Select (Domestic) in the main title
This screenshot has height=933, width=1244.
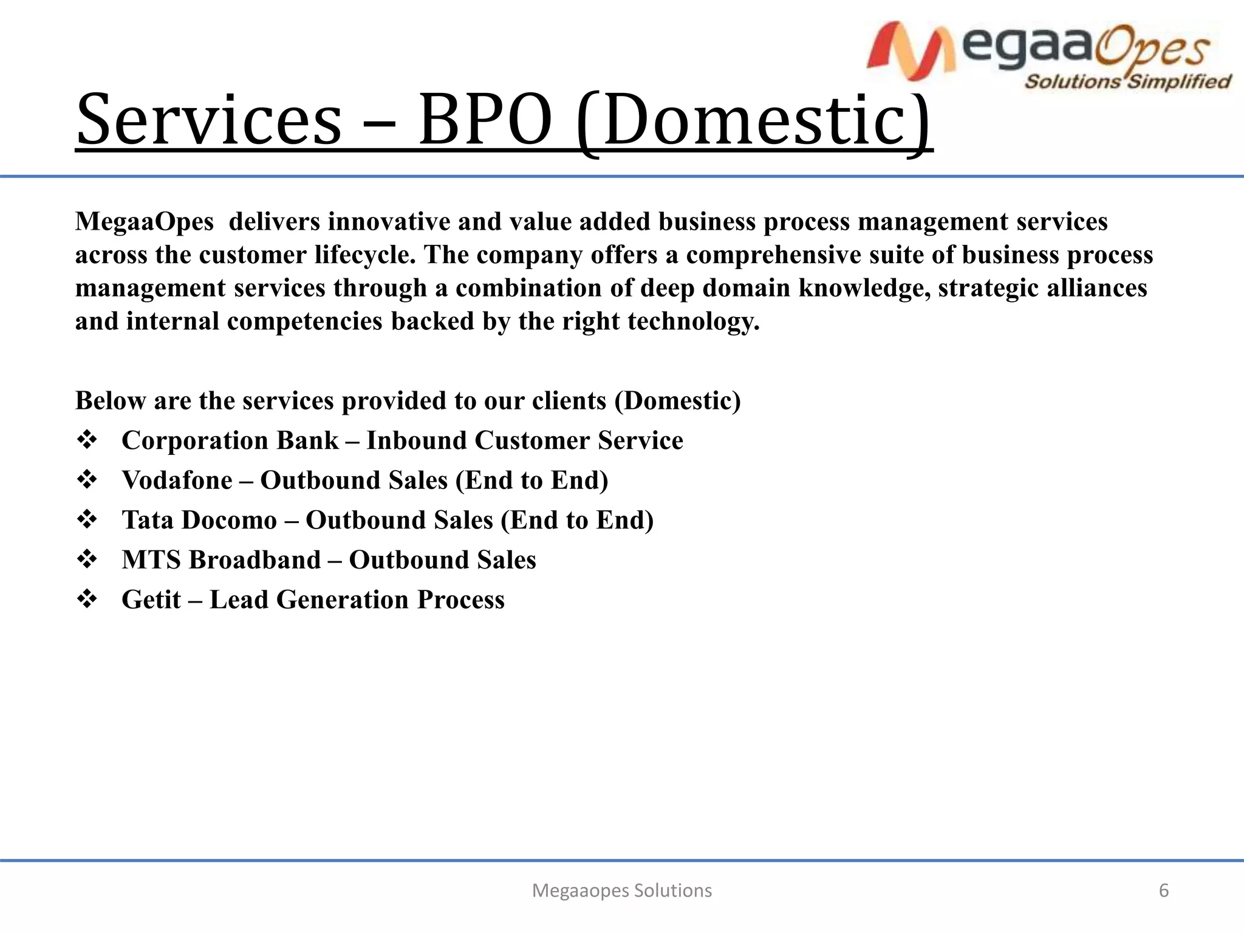pyautogui.click(x=753, y=120)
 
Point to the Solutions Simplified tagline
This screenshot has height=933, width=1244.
pyautogui.click(x=1127, y=81)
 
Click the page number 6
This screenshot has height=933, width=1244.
pyautogui.click(x=1163, y=890)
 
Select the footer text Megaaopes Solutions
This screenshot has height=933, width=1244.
pyautogui.click(x=621, y=890)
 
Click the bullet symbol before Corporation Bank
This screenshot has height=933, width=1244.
pyautogui.click(x=87, y=440)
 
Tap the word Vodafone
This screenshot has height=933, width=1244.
pyautogui.click(x=177, y=480)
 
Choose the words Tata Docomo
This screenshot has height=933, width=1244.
pyautogui.click(x=199, y=520)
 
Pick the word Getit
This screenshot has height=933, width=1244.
pyautogui.click(x=151, y=600)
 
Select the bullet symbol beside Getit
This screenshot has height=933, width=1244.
pyautogui.click(x=87, y=600)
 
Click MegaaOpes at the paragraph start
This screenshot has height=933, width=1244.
pyautogui.click(x=145, y=222)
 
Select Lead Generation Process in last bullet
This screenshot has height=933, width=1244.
pyautogui.click(x=357, y=600)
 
